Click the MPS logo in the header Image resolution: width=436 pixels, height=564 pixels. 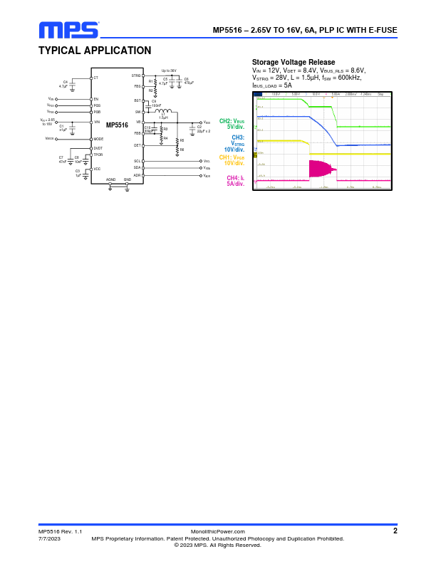(x=68, y=29)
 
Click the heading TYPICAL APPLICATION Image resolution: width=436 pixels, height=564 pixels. (x=95, y=51)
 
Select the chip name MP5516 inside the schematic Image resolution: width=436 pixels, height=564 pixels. (x=117, y=125)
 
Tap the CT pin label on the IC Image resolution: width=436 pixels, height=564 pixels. (x=96, y=77)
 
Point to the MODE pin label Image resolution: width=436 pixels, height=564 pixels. (x=98, y=139)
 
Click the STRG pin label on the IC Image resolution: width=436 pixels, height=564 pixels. (x=136, y=75)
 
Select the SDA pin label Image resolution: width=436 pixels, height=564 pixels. (x=137, y=167)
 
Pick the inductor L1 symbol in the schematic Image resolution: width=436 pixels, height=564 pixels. (x=164, y=112)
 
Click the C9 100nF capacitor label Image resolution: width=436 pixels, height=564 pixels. (x=156, y=103)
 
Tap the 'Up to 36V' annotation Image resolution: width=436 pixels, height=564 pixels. (x=169, y=70)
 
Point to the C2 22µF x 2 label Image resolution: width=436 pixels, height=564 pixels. (x=203, y=129)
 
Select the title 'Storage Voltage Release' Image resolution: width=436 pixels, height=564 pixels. (x=294, y=63)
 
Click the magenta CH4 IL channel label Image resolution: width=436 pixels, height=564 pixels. (x=236, y=180)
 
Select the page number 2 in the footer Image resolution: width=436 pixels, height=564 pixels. (x=395, y=531)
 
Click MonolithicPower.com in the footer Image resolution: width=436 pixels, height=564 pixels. (x=218, y=531)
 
